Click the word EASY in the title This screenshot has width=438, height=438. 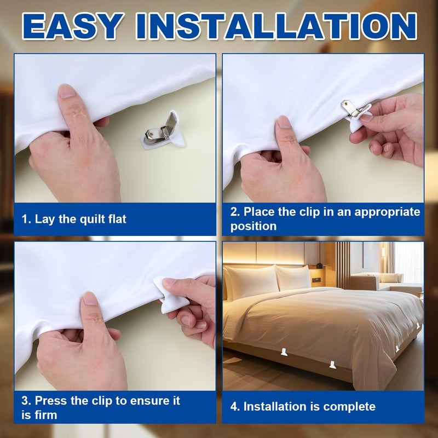[x=73, y=26]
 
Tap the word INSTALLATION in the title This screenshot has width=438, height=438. [x=276, y=26]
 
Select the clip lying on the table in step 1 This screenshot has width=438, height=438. [x=163, y=130]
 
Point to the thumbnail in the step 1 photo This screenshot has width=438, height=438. [x=66, y=91]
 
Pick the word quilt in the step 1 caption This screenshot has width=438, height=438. [x=91, y=220]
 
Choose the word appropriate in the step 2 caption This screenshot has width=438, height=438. [x=387, y=212]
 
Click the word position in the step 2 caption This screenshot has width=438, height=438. [x=253, y=226]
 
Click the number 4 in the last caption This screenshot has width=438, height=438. [x=234, y=407]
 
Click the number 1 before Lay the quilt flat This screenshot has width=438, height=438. [x=25, y=220]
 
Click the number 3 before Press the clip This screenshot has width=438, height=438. [x=25, y=401]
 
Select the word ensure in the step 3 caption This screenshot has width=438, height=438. [x=147, y=401]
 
